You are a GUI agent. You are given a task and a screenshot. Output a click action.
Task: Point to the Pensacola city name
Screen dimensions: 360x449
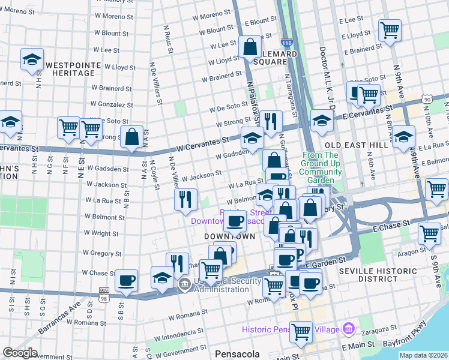pos(237,353)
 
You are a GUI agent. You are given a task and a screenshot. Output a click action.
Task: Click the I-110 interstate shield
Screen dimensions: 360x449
pos(287,43)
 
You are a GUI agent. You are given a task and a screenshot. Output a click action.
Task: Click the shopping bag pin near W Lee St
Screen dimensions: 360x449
pos(249,46)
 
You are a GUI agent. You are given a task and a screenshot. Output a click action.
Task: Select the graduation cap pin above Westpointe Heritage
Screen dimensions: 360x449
pos(32,58)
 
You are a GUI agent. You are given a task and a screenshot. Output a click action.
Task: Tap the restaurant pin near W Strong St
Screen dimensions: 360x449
pos(271,121)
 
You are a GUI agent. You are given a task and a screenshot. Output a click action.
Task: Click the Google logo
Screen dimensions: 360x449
pos(20,352)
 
